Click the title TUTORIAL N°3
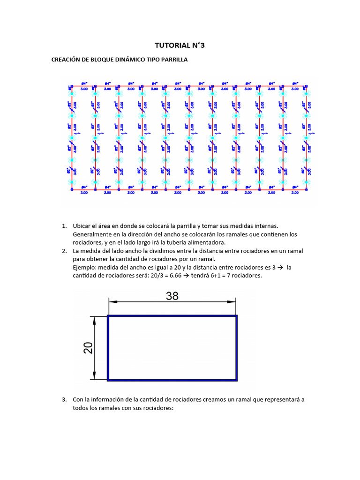point(180,45)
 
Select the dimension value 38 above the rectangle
point(172,296)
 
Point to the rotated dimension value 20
point(88,347)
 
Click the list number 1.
point(64,226)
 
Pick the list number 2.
point(64,251)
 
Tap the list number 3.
point(64,400)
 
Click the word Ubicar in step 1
point(82,226)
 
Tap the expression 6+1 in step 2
point(233,276)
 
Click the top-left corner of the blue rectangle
point(108,316)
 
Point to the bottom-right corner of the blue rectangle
point(237,379)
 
